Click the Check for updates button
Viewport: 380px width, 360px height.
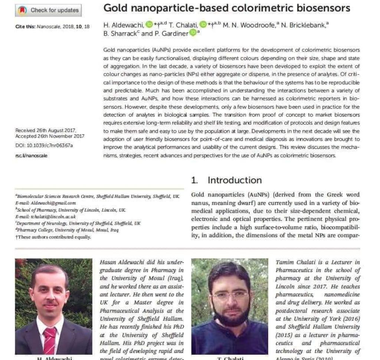pyautogui.click(x=49, y=10)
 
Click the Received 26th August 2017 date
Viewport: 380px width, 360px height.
pyautogui.click(x=46, y=130)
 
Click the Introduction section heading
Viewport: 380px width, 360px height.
pyautogui.click(x=235, y=180)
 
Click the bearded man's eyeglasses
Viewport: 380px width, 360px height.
pyautogui.click(x=229, y=296)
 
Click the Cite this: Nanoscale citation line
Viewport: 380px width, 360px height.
pyautogui.click(x=52, y=27)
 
